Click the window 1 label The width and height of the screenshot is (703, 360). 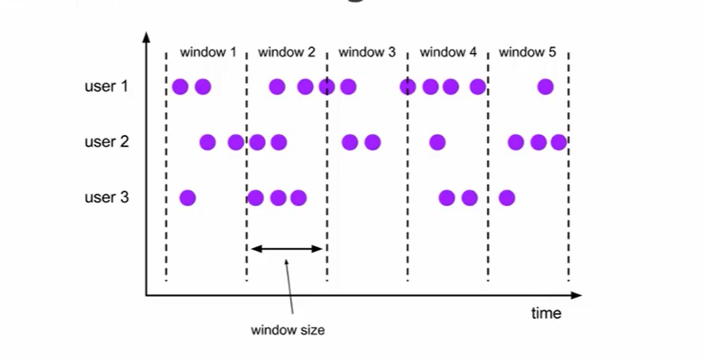pyautogui.click(x=209, y=53)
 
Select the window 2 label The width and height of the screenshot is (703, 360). pyautogui.click(x=287, y=53)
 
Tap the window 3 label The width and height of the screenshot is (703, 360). pyautogui.click(x=367, y=53)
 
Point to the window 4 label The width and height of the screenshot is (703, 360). pyautogui.click(x=448, y=53)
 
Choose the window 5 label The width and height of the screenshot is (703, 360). pyautogui.click(x=528, y=53)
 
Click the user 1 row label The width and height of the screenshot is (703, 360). pyautogui.click(x=106, y=86)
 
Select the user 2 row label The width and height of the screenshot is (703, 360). pyautogui.click(x=106, y=142)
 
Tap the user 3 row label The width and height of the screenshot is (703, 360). pyautogui.click(x=106, y=198)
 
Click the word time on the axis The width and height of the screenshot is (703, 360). pyautogui.click(x=546, y=313)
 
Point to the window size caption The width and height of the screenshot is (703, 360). pyautogui.click(x=287, y=330)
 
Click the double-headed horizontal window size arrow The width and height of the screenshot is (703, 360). pyautogui.click(x=287, y=249)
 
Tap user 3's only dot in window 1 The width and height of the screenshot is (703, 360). pyautogui.click(x=188, y=198)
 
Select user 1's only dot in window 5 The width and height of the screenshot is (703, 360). pyautogui.click(x=545, y=86)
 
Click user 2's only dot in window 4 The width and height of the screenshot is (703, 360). pyautogui.click(x=437, y=142)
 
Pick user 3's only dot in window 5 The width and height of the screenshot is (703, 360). pyautogui.click(x=506, y=198)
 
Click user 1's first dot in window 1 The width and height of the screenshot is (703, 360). pyautogui.click(x=180, y=86)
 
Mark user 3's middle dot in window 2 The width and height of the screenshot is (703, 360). pyautogui.click(x=278, y=198)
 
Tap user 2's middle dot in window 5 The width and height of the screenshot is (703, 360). pyautogui.click(x=538, y=142)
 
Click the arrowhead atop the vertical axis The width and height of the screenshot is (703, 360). pyautogui.click(x=146, y=38)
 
